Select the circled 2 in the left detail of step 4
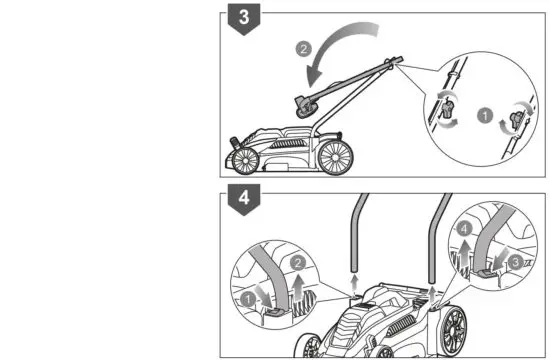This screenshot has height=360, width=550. (295, 262)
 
